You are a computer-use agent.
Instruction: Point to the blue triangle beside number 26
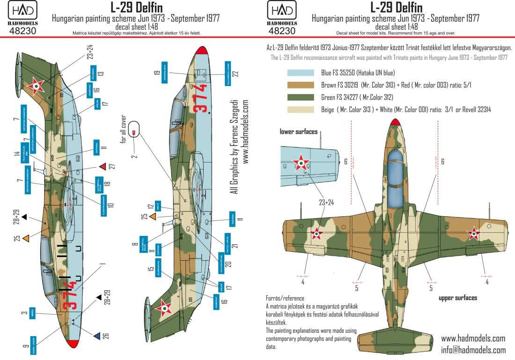pyautogui.click(x=96, y=336)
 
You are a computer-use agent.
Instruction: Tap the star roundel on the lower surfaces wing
pyautogui.click(x=301, y=163)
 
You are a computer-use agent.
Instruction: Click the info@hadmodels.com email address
pyautogui.click(x=473, y=350)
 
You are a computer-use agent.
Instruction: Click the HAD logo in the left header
pyautogui.click(x=27, y=13)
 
